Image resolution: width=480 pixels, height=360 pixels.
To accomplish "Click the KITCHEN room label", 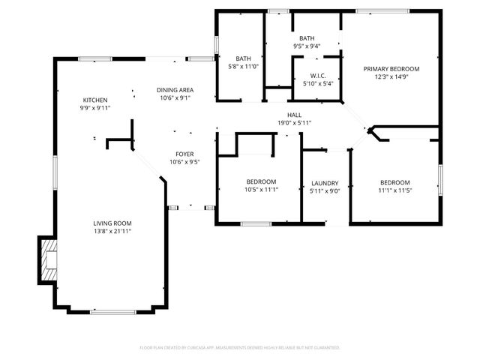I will tap(95, 100).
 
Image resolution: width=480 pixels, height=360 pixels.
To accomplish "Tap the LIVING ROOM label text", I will tap(112, 223).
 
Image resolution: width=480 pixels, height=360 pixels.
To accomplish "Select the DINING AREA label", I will tap(175, 90).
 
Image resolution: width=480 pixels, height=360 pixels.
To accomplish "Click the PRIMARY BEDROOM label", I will tap(391, 69).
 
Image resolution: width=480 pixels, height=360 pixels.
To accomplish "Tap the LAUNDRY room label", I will tap(325, 183).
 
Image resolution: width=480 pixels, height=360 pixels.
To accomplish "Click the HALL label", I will tap(294, 115).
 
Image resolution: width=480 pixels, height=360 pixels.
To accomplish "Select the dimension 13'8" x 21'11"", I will tap(112, 231).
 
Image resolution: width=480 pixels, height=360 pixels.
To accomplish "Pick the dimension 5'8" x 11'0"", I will tap(243, 66).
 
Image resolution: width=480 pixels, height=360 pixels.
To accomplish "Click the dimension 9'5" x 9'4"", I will tap(307, 46).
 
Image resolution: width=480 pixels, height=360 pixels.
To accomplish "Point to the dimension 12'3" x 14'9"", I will tap(391, 76).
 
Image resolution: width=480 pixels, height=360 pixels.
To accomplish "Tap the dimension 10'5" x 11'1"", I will tap(262, 190).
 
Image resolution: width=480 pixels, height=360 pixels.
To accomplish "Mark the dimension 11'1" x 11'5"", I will tap(394, 190).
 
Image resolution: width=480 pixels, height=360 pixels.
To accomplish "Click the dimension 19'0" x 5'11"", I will tap(294, 122).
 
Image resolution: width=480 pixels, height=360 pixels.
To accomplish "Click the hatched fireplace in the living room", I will tap(48, 259).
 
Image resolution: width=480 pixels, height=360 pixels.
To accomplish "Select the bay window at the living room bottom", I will tap(113, 311).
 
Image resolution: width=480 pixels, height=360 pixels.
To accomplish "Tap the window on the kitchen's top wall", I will tap(96, 59).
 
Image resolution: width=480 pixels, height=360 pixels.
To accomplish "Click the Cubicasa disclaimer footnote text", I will tap(240, 347).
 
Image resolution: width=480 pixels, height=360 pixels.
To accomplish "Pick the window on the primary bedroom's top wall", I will tap(382, 10).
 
